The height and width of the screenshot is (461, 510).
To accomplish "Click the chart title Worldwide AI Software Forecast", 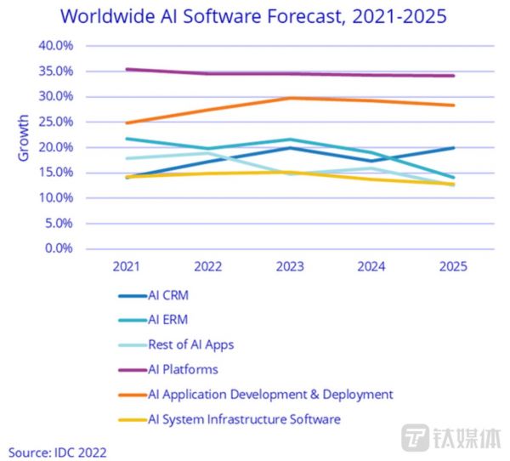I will coord(254,16).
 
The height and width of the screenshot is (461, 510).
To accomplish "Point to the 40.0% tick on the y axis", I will coord(55,45).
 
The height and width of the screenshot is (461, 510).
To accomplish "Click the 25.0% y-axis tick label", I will coord(55,122).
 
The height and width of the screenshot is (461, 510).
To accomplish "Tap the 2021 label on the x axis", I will coord(126,266).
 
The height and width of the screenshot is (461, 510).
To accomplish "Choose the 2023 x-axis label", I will coord(289,266).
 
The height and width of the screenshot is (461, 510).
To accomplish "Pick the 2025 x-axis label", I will coord(453,266).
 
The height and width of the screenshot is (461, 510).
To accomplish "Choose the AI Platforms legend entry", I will coord(184,370).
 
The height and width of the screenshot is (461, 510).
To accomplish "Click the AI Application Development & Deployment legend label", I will coord(270,395).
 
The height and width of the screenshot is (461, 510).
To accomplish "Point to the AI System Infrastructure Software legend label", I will coord(244,419).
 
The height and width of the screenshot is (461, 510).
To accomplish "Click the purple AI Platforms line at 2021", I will coord(126,70).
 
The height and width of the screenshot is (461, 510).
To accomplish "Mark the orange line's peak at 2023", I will coord(289,98).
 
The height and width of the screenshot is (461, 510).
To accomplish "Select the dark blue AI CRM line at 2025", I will coord(453,148).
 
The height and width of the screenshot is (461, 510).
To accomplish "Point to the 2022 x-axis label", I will coord(207,266).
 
